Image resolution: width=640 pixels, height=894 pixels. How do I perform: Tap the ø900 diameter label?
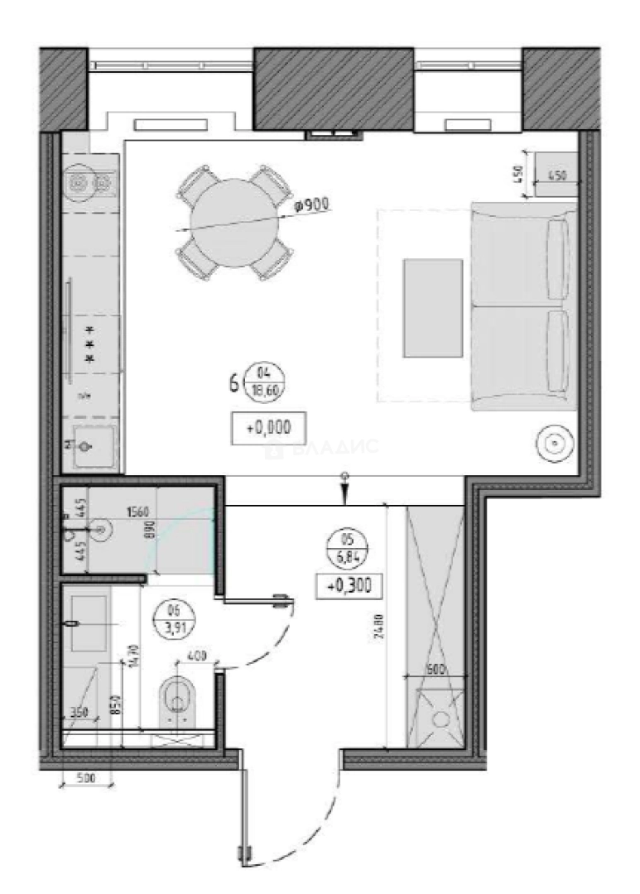(x=312, y=202)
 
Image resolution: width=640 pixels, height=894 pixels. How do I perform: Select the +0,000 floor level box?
(x=263, y=428)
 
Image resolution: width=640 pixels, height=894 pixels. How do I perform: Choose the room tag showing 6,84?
(x=349, y=548)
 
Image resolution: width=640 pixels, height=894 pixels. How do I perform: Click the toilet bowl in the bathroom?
(x=176, y=696)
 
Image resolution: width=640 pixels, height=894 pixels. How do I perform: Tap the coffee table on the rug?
(x=432, y=307)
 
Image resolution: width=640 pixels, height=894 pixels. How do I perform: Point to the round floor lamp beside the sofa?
(x=552, y=444)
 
